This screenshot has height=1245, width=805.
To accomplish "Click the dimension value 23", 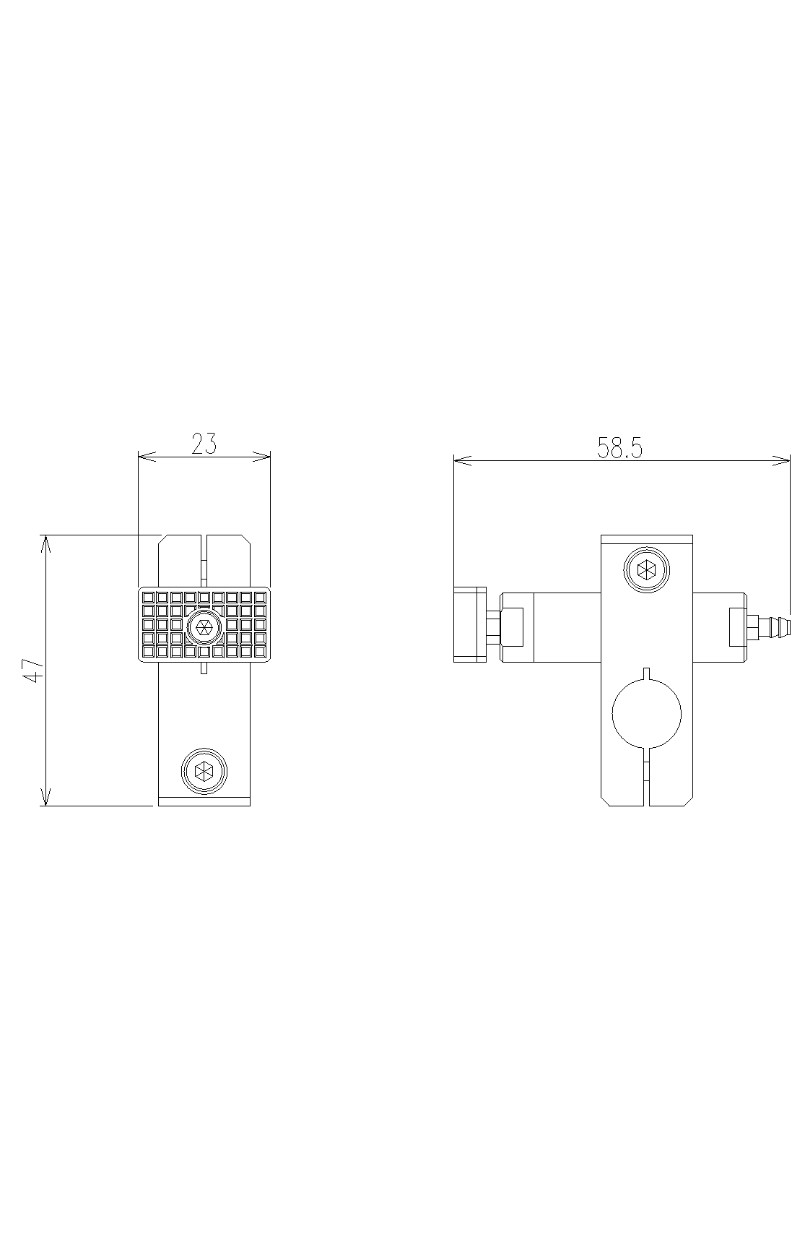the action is [204, 443].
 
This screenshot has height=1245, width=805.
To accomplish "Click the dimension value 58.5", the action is [619, 449].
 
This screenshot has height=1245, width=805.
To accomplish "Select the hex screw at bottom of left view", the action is [204, 771].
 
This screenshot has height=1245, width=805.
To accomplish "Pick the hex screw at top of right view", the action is [646, 570].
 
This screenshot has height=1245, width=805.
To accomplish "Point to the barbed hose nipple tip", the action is [788, 626].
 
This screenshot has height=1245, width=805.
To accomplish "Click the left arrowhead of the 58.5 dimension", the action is [463, 460].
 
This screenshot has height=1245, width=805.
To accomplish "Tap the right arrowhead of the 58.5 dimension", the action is [782, 460].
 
